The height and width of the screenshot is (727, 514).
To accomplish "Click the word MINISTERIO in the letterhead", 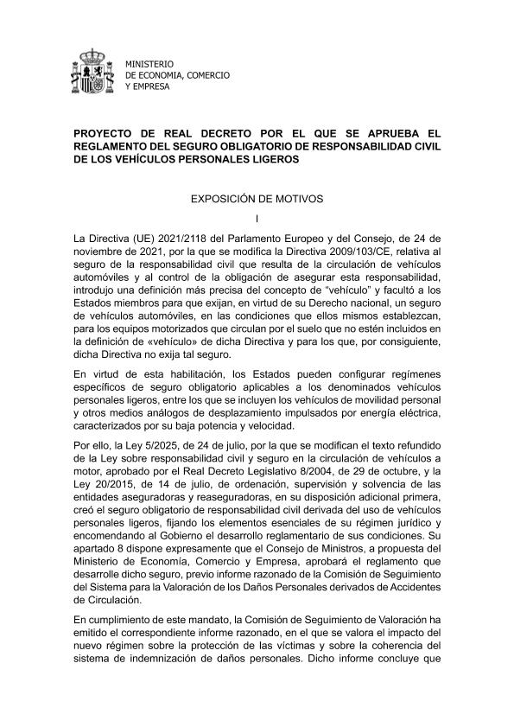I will [149, 64].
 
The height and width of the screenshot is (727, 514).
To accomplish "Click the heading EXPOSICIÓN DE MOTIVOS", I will [257, 198].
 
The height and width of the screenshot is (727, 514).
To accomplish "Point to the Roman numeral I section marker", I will [257, 217].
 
